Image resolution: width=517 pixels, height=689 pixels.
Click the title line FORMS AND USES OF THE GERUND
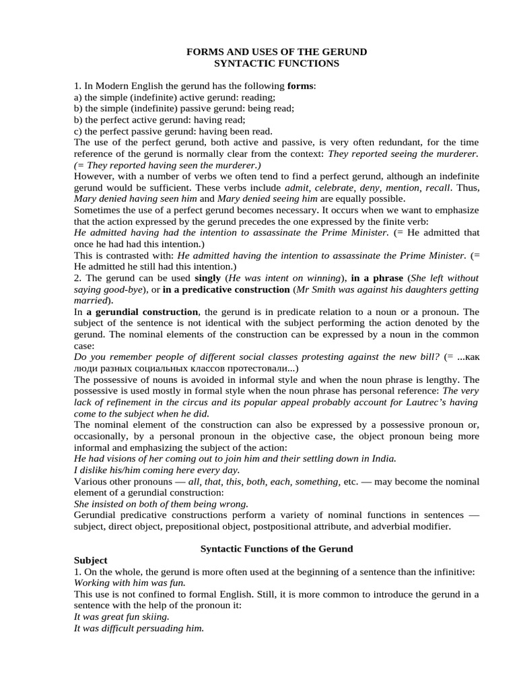coord(276,52)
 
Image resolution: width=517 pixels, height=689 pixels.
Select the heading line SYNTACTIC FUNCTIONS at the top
coord(276,64)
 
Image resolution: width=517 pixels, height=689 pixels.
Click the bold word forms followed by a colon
coord(300,87)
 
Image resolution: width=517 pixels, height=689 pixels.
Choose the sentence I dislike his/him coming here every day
coord(157,470)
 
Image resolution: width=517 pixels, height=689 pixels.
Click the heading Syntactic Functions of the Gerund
coord(277,549)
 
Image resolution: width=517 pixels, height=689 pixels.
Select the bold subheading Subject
coord(90,560)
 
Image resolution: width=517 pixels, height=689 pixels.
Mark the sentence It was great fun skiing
coord(121,616)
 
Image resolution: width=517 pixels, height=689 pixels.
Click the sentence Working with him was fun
coord(129,583)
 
